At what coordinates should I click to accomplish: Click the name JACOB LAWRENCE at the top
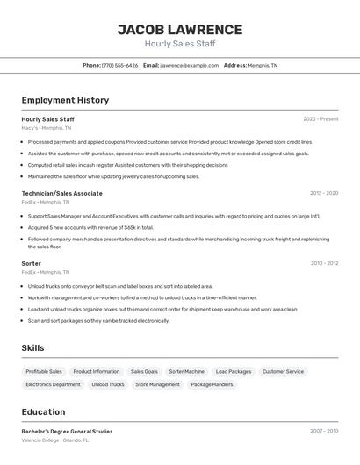pyautogui.click(x=180, y=30)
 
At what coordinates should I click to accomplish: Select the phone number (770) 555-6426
pyautogui.click(x=119, y=65)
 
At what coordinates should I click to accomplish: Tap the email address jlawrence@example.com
pyautogui.click(x=190, y=65)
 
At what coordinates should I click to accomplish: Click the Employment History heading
pyautogui.click(x=65, y=100)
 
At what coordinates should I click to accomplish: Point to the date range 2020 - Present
pyautogui.click(x=320, y=119)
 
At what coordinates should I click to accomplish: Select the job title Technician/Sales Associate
pyautogui.click(x=61, y=193)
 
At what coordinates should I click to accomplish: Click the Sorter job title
pyautogui.click(x=32, y=263)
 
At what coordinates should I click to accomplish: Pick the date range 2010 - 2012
pyautogui.click(x=324, y=263)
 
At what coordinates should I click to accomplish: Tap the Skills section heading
pyautogui.click(x=32, y=348)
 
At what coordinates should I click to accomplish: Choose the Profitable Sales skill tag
pyautogui.click(x=44, y=371)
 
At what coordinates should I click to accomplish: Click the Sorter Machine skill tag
pyautogui.click(x=186, y=371)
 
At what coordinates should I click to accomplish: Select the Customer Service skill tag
pyautogui.click(x=283, y=371)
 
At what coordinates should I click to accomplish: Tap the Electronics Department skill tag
pyautogui.click(x=53, y=384)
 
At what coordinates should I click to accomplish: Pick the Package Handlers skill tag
pyautogui.click(x=212, y=384)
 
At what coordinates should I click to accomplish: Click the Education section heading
pyautogui.click(x=43, y=412)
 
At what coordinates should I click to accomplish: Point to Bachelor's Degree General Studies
pyautogui.click(x=67, y=431)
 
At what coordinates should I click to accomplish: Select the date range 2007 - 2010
pyautogui.click(x=323, y=431)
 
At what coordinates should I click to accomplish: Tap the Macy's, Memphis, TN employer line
pyautogui.click(x=47, y=128)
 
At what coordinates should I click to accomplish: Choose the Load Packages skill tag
pyautogui.click(x=234, y=371)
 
